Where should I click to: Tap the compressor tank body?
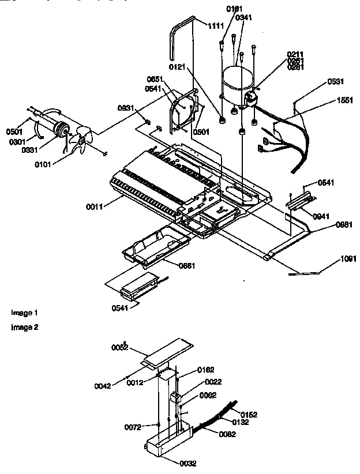click(236, 86)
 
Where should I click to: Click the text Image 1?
click(24, 313)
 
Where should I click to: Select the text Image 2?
click(24, 327)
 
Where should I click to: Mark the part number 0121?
click(177, 67)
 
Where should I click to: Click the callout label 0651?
click(155, 79)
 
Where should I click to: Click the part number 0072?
click(132, 427)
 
